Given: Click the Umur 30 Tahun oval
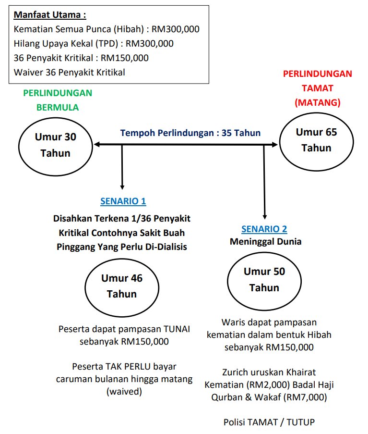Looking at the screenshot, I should point(55,145).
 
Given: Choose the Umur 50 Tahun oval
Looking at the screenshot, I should point(264,279).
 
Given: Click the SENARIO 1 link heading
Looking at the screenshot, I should point(123,201).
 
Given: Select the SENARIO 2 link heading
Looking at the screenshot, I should point(264,229).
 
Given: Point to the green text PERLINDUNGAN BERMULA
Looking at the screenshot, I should point(58,100).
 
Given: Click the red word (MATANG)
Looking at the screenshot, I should point(317,102).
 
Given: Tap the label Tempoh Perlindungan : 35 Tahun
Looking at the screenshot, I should point(190,133).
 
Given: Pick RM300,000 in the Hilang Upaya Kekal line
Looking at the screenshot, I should point(149,44).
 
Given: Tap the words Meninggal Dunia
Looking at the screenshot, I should point(265,242).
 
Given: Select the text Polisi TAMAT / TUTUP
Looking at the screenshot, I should point(269,422).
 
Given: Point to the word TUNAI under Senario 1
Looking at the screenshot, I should point(177,329).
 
